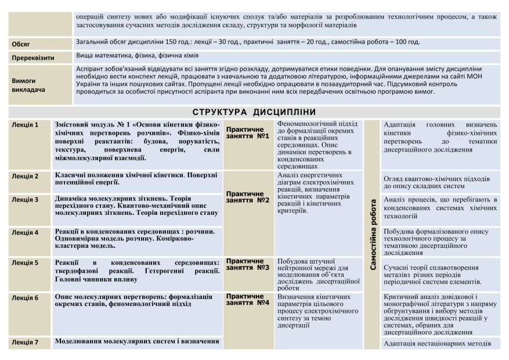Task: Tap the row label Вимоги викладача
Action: tap(24, 85)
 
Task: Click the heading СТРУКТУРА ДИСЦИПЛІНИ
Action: tap(254, 112)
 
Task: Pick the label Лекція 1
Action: tap(25, 125)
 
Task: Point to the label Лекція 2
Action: tap(25, 176)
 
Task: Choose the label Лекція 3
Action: tap(25, 199)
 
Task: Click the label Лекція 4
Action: tap(25, 232)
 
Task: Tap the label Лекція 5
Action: tap(25, 262)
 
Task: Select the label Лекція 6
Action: tap(25, 298)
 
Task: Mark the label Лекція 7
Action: tap(25, 342)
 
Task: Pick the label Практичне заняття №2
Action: tap(247, 196)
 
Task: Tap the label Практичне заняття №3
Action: tap(247, 264)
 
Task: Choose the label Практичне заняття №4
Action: tap(247, 299)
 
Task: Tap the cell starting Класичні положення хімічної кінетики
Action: tap(136, 178)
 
